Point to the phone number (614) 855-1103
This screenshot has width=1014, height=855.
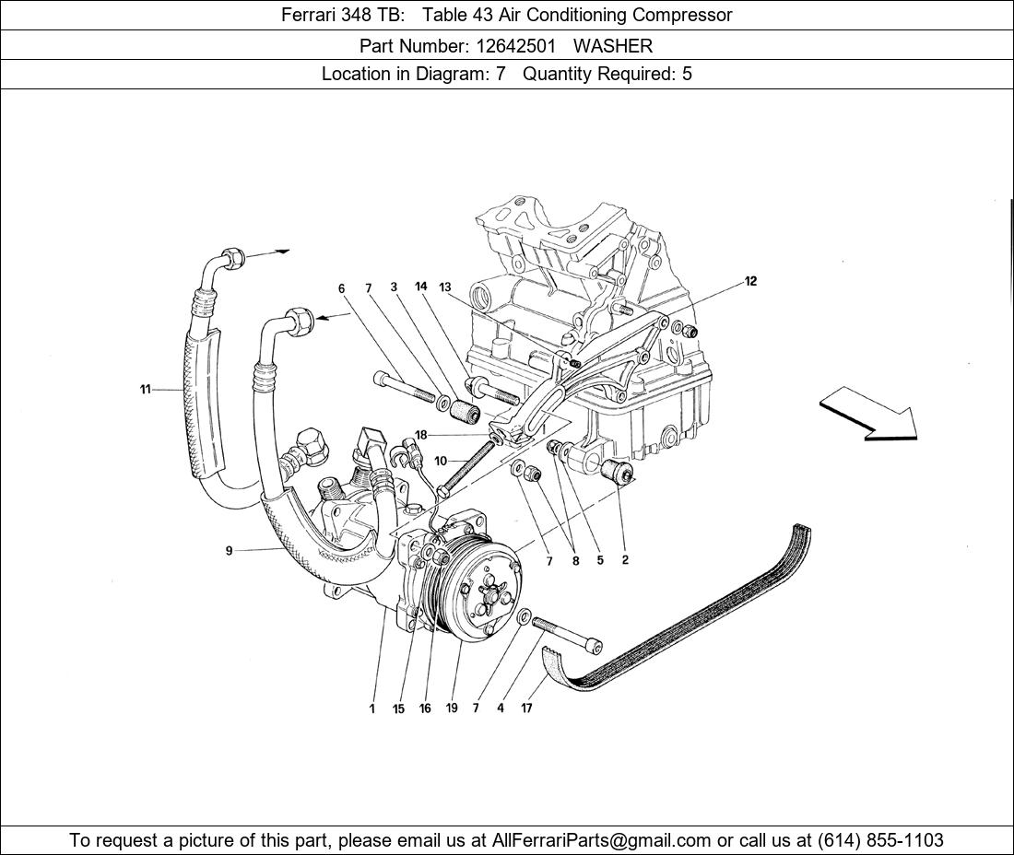880,840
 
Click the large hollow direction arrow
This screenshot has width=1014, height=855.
867,411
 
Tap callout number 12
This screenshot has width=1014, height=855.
750,281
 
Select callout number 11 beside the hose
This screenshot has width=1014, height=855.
145,390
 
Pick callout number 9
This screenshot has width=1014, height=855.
229,551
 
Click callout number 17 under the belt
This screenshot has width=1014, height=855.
526,709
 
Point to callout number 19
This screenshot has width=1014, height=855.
452,709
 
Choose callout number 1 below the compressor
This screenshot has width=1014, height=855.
372,709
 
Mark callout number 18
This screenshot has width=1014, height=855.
420,435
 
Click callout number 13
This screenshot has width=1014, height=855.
445,287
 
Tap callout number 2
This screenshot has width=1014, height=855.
625,560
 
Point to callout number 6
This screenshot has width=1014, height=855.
341,288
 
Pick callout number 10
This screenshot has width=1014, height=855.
441,461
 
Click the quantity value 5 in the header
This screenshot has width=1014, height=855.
687,75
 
